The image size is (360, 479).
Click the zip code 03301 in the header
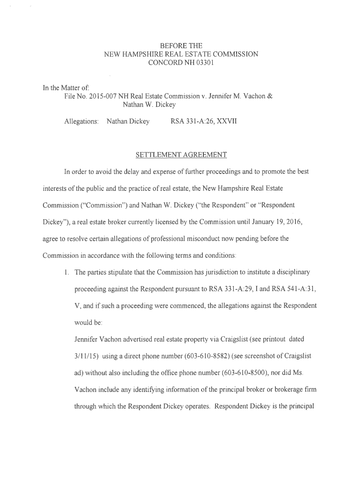(203, 63)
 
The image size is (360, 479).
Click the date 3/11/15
(86, 356)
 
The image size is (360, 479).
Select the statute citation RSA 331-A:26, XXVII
(204, 122)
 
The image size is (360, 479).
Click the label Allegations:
(81, 122)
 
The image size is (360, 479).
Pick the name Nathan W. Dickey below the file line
(149, 105)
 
